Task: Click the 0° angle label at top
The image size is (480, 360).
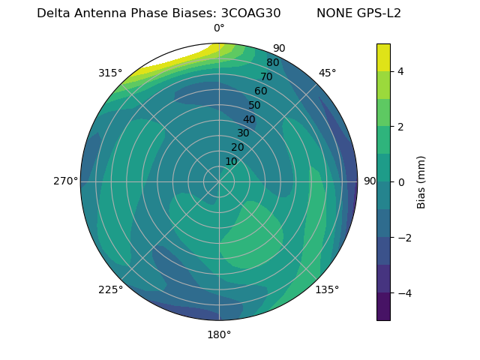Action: click(219, 28)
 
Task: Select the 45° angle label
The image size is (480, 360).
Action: click(327, 73)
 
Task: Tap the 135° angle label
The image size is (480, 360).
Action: click(327, 289)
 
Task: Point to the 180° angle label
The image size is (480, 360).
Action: click(219, 334)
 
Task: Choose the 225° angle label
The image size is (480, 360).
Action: click(110, 289)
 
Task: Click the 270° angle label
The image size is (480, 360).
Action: click(65, 181)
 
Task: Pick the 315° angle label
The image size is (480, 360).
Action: click(110, 73)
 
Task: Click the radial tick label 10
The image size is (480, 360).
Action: click(231, 161)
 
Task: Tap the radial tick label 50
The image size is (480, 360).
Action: click(255, 105)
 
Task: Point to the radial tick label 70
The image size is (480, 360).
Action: click(267, 76)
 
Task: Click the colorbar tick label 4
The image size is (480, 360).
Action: click(401, 71)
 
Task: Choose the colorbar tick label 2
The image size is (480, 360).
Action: click(401, 127)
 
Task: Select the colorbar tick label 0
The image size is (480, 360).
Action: click(401, 182)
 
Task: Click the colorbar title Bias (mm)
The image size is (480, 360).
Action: click(421, 182)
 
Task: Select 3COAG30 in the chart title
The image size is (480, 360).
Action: click(250, 13)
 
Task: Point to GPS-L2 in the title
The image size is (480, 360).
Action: click(379, 13)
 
